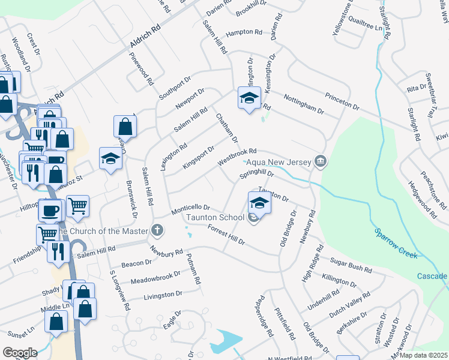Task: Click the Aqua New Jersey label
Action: (278, 163)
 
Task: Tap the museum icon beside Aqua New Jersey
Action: (321, 161)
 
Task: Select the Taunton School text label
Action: (214, 217)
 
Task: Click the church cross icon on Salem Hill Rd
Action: (157, 230)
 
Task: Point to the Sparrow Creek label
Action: (396, 242)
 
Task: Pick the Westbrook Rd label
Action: (237, 157)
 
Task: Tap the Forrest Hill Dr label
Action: (226, 235)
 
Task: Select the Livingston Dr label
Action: (163, 295)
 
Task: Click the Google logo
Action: (19, 353)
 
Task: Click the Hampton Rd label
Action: (244, 33)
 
